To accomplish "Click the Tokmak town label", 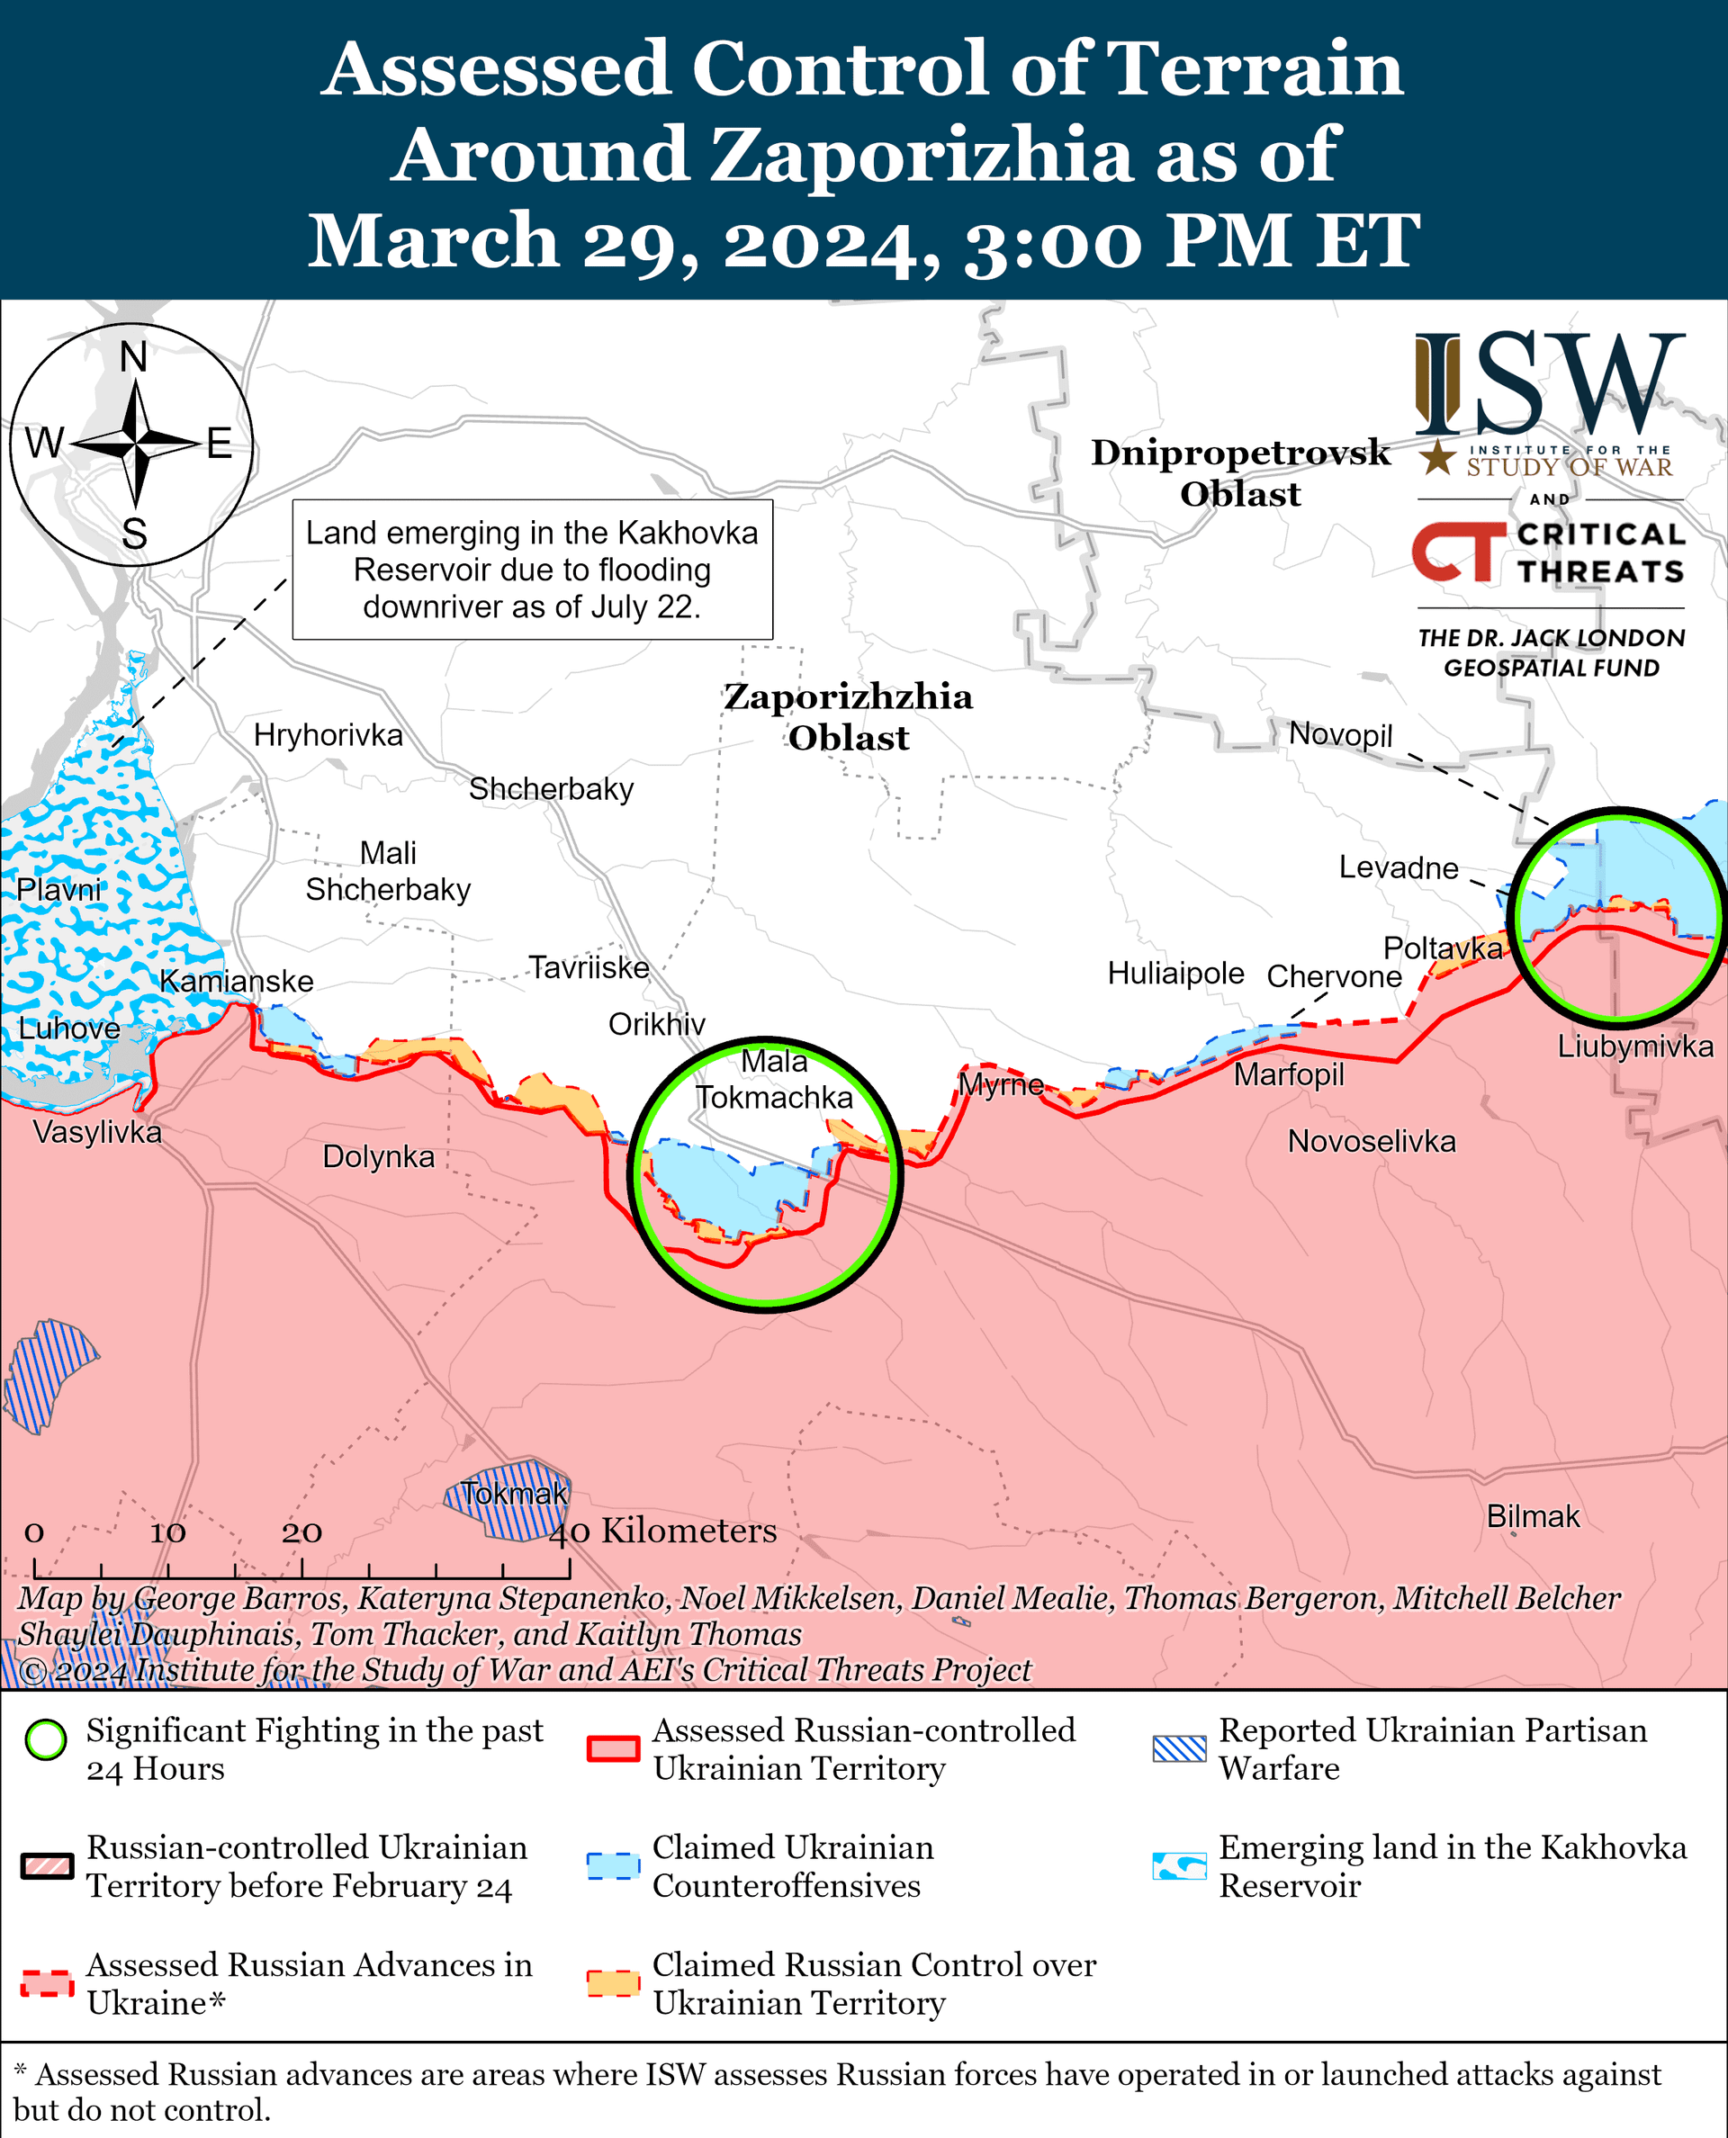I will [514, 1493].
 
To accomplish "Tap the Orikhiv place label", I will [656, 1023].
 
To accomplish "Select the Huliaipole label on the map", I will [1175, 973].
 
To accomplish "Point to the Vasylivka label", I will [96, 1132].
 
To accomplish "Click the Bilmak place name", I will [1532, 1516].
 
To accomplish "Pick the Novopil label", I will [1340, 734].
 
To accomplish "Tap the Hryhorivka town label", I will [328, 734].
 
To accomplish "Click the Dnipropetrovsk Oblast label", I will [1239, 472].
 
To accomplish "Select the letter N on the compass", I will [133, 356].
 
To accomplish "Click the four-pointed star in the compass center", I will [135, 442].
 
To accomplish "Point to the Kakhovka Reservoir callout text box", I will [532, 570].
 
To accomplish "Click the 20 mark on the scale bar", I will [301, 1532].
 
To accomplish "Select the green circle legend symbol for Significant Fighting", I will [46, 1740].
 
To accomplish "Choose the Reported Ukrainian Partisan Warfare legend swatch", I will [1178, 1748].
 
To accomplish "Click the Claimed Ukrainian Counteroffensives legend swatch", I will [612, 1865].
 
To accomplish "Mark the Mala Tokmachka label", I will [773, 1079].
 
